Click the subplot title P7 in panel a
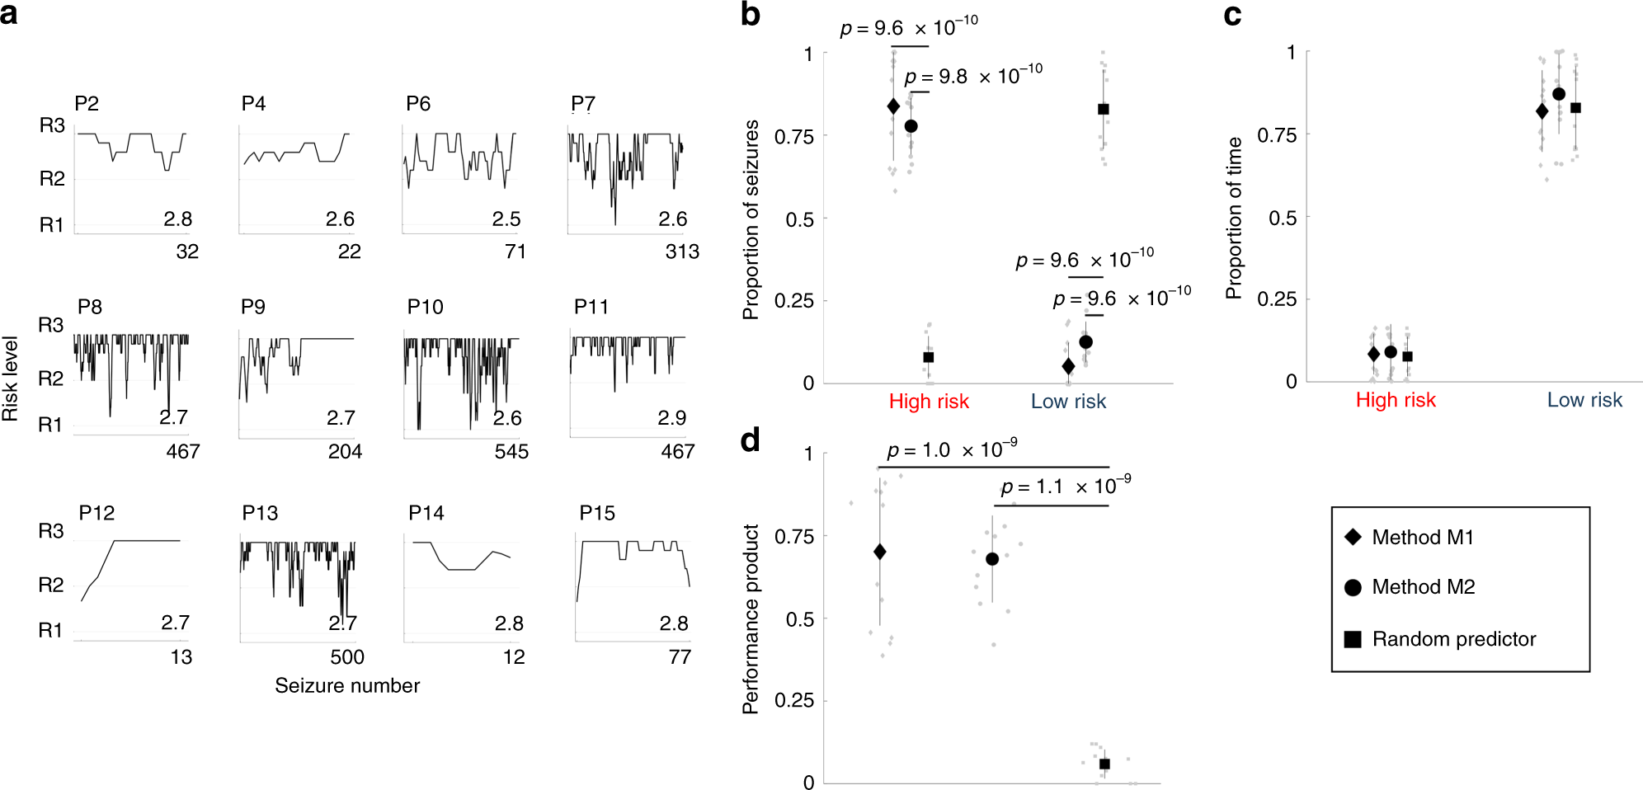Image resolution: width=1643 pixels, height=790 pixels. coord(582,104)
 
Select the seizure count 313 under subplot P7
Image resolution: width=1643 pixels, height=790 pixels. coord(682,252)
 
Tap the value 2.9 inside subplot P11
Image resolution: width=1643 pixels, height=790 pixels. coord(671,418)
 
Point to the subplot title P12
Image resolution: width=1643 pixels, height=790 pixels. coord(97,513)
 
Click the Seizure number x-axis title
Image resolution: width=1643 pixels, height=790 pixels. coord(347,685)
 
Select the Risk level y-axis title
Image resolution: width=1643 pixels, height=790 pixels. coord(11,379)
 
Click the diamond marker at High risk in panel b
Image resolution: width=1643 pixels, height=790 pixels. coord(893,106)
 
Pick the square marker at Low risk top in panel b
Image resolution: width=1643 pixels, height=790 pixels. coord(1104,109)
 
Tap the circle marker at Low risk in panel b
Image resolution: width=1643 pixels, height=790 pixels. coord(1085,341)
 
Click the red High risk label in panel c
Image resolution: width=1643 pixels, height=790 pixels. coord(1396,400)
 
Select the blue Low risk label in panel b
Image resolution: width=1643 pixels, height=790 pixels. coord(1068,402)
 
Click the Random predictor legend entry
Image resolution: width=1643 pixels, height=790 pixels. coord(1453,639)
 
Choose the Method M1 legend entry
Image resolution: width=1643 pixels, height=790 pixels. coord(1422,538)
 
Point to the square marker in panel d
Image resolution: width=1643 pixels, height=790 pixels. coord(1104,764)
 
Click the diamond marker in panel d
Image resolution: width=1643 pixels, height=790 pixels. coord(879,552)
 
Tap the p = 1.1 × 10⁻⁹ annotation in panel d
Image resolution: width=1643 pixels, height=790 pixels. coord(1066,487)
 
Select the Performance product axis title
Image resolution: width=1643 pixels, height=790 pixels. coord(751,618)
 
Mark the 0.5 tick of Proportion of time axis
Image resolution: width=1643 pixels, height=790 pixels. coord(1283,218)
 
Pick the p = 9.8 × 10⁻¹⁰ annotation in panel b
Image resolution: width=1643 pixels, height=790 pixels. coord(973,77)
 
